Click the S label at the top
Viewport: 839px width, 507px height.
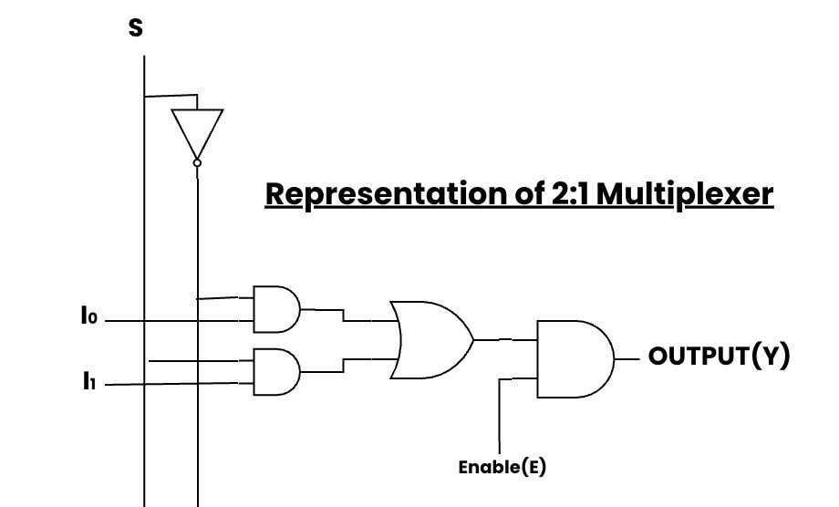(136, 28)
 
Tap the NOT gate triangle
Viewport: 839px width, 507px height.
(197, 130)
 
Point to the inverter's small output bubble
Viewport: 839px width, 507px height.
(197, 162)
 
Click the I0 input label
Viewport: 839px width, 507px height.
(88, 317)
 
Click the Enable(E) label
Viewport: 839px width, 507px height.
(502, 468)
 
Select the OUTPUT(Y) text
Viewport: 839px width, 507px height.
(719, 356)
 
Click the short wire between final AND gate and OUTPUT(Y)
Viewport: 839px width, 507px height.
(628, 359)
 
